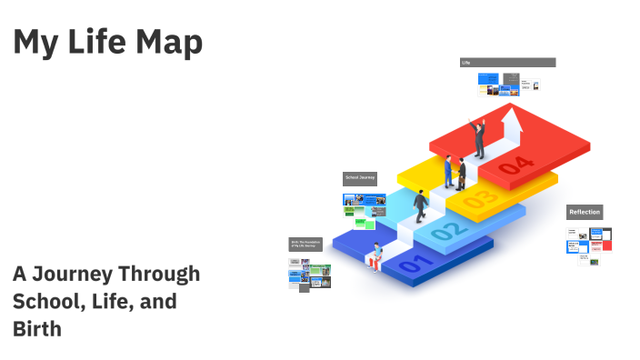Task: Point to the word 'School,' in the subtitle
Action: (46, 301)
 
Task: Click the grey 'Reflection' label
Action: (585, 212)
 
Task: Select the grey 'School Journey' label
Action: (359, 178)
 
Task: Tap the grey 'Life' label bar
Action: (507, 63)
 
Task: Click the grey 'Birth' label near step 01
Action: (307, 244)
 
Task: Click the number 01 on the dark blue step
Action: (411, 265)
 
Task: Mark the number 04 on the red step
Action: (515, 164)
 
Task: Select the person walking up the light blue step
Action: (420, 206)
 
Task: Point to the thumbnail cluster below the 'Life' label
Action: (509, 85)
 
